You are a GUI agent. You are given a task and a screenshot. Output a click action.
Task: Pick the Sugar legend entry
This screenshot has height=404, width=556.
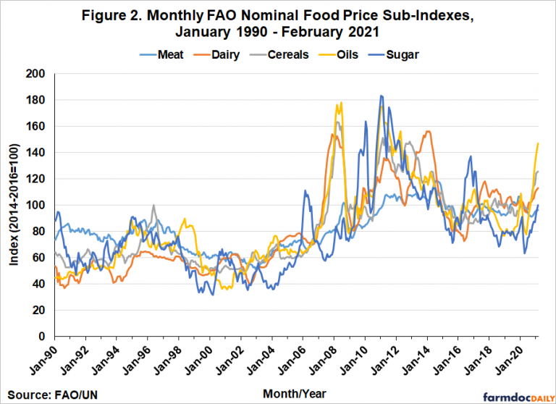point(405,54)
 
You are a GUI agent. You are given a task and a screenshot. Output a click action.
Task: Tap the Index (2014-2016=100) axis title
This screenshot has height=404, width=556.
point(15,205)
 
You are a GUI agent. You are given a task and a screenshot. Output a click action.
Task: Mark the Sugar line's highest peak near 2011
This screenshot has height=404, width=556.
point(381,95)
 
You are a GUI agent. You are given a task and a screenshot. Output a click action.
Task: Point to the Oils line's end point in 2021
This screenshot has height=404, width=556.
point(538,143)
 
